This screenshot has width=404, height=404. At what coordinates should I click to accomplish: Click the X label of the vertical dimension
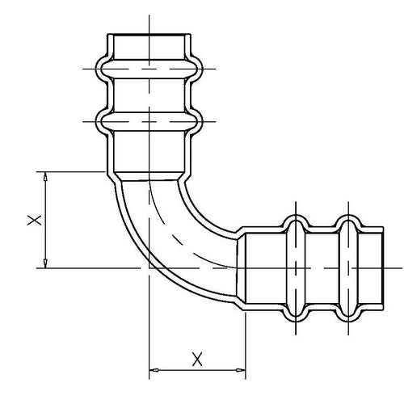coord(35,220)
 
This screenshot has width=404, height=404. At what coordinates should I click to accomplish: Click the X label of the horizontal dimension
coord(197,360)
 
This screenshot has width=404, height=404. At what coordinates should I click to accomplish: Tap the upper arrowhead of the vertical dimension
coord(45,176)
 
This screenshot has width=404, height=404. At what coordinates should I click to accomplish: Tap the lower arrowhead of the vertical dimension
coord(45,263)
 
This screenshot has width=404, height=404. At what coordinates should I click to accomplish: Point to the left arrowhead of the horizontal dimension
coord(154,370)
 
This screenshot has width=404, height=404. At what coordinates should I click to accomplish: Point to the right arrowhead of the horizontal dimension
coord(241,370)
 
